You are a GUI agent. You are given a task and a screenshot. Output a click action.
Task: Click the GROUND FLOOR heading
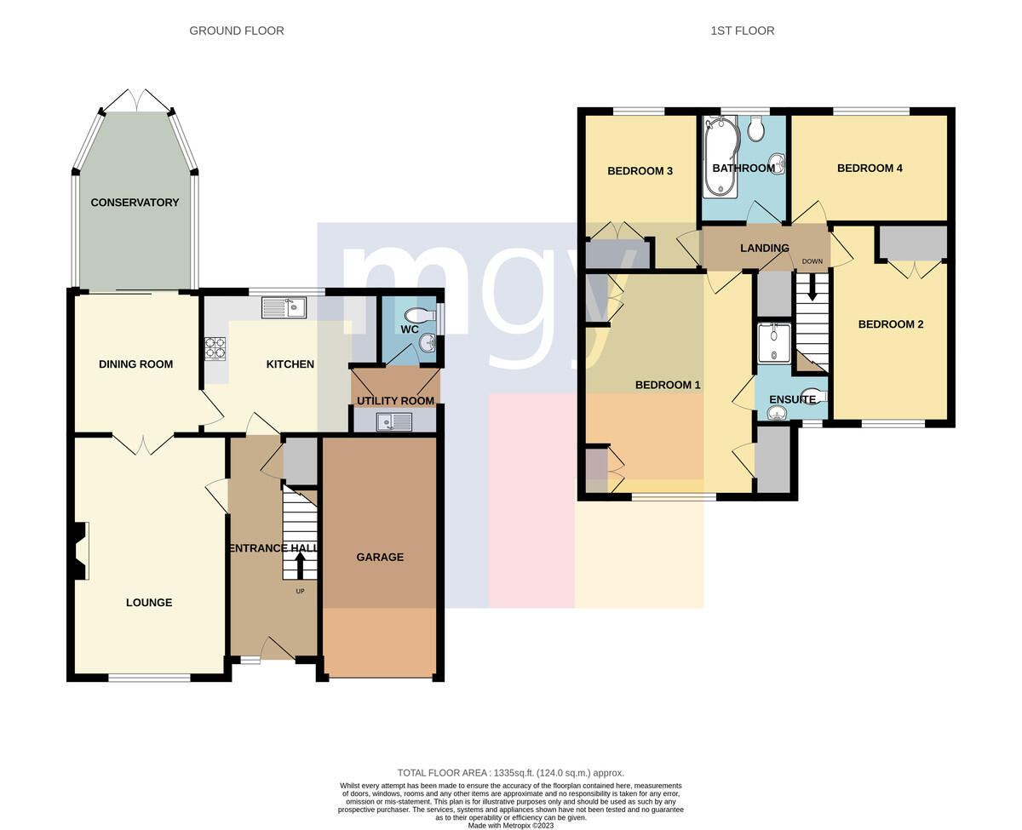237,31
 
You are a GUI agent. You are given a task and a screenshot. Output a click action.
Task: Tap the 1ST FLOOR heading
742,31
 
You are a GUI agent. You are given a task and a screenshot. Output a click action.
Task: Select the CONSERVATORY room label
135,203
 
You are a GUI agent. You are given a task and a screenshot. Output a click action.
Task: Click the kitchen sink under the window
284,308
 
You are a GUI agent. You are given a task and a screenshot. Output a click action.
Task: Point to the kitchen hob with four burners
215,348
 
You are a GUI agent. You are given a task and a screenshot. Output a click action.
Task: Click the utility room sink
394,422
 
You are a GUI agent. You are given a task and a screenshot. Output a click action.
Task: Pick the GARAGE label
380,557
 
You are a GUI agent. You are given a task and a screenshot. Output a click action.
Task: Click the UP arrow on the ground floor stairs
300,566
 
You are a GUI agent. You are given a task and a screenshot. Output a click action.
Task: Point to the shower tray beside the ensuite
774,343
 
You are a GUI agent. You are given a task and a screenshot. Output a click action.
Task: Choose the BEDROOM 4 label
870,168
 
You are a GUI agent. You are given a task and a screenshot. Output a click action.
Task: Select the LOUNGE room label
149,602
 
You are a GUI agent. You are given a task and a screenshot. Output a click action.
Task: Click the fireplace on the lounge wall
78,551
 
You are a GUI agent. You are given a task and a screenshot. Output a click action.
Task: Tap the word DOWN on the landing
812,261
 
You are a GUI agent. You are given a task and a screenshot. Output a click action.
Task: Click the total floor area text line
510,772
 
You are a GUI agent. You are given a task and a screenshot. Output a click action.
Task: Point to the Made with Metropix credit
510,825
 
